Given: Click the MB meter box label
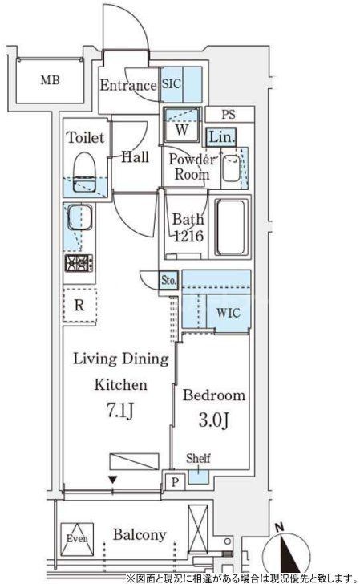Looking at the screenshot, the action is (x=50, y=79).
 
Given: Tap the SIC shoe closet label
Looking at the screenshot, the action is (x=172, y=83).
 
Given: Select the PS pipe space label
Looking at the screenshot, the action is (x=229, y=115).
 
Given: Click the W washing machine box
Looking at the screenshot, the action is (x=182, y=124).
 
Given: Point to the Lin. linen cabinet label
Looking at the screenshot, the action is (x=221, y=137).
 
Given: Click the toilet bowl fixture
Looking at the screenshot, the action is (x=85, y=172).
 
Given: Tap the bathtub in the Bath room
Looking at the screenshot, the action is (x=231, y=228).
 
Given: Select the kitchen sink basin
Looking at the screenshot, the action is (x=79, y=218).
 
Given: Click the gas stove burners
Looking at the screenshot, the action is (x=79, y=263).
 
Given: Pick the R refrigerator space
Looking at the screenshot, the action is (x=79, y=306).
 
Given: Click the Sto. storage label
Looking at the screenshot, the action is (x=168, y=280).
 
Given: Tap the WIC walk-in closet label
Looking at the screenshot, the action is (x=229, y=313).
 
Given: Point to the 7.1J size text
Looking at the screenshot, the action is (x=120, y=411).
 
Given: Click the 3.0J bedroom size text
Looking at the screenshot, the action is (x=214, y=420).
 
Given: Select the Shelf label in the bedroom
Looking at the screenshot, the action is (x=198, y=458).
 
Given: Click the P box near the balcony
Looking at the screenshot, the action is (x=175, y=482).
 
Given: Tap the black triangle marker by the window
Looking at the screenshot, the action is (x=112, y=480).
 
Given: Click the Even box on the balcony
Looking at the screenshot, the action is (x=77, y=538).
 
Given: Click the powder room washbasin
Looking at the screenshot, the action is (x=231, y=168).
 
